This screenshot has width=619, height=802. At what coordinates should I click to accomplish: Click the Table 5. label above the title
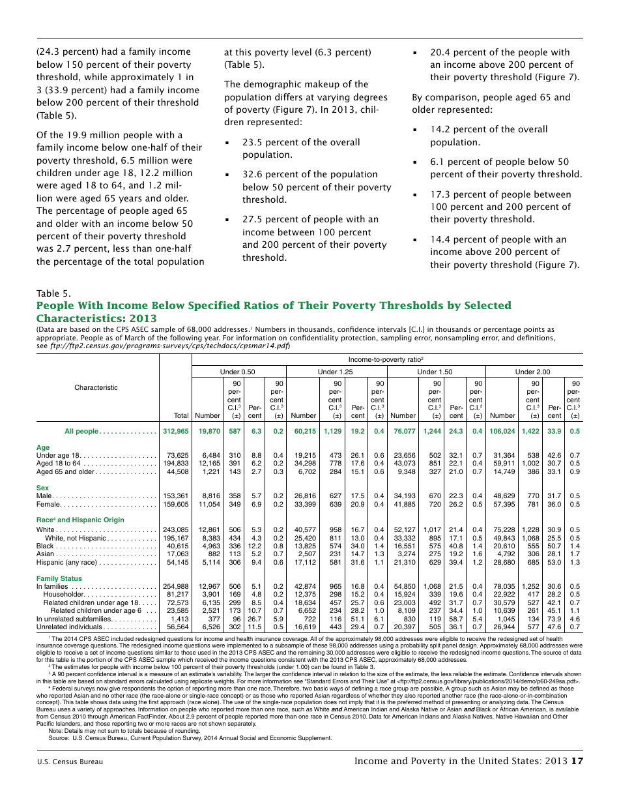[x=53, y=293]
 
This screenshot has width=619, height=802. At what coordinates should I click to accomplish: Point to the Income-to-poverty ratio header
[x=386, y=359]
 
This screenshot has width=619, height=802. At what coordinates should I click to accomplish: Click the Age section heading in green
[x=43, y=447]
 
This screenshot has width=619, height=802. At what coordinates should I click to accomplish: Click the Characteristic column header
[x=96, y=387]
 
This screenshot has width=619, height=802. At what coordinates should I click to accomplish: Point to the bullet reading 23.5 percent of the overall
[x=300, y=142]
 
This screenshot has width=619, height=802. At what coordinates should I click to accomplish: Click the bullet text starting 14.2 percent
[x=488, y=129]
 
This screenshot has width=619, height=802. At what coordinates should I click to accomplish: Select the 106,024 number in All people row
[x=501, y=431]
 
